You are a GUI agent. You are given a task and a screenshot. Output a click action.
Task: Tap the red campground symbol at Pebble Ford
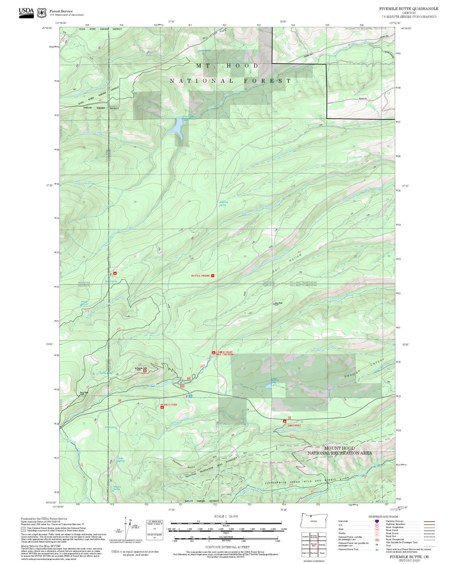coord(162,407)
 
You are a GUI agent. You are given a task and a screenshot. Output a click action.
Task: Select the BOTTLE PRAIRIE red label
coord(201,276)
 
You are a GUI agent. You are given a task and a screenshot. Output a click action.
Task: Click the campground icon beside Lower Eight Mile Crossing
coord(214,353)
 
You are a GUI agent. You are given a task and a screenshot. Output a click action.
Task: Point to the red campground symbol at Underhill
coord(285,421)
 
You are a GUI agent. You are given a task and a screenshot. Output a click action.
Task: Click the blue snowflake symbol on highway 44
coord(190,396)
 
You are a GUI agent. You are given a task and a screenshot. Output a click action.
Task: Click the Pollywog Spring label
coord(224,204)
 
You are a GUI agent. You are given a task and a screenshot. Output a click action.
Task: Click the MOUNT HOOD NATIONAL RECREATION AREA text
coord(339,450)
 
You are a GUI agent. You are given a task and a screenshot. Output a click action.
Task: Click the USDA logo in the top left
coord(26,13)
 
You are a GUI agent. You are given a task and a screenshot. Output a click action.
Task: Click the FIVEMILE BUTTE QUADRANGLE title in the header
coord(408,9)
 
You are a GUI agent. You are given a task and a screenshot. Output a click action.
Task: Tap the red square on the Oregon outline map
coord(311,516)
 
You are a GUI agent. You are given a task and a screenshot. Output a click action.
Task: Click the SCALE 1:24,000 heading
coord(226,516)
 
